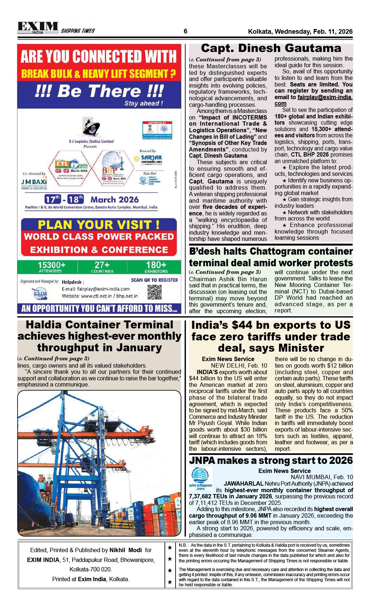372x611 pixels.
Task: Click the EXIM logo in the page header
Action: click(x=38, y=28)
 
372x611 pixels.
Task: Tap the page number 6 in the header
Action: click(x=186, y=31)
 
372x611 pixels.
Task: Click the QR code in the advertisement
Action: click(x=154, y=292)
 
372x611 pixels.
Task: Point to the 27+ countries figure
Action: click(x=102, y=266)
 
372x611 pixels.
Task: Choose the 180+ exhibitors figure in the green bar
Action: click(x=156, y=266)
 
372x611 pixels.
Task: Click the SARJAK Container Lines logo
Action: click(x=151, y=159)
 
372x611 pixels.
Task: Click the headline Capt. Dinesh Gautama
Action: click(x=271, y=48)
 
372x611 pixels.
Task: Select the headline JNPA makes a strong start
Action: click(x=271, y=460)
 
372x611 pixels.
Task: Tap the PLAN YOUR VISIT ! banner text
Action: click(x=98, y=224)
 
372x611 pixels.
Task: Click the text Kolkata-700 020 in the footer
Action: click(x=90, y=569)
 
